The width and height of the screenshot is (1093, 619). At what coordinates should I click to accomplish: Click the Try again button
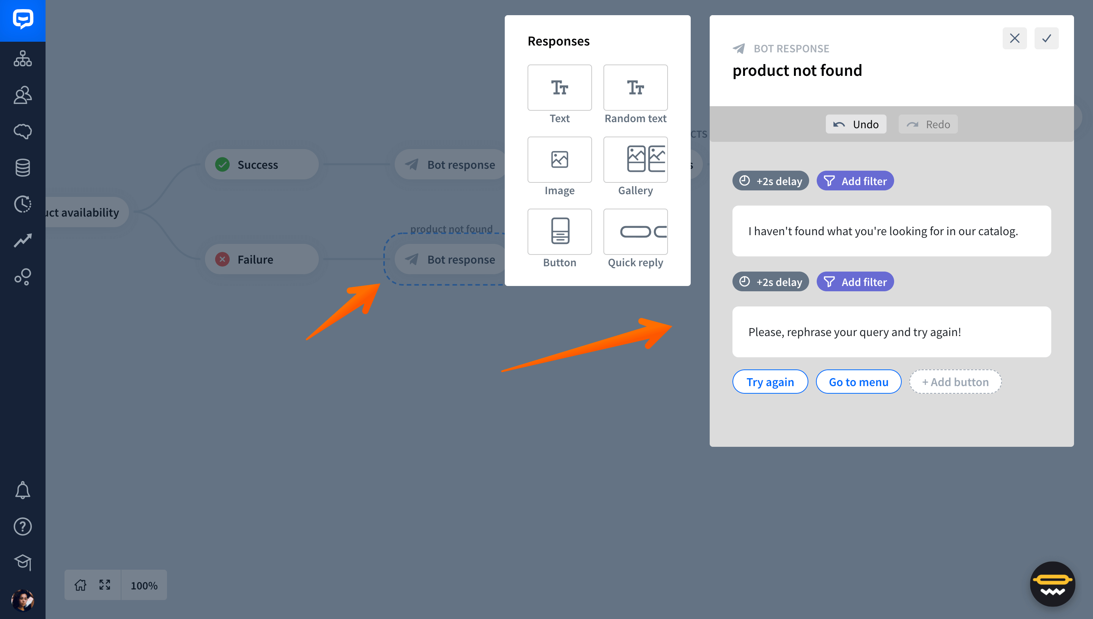coord(770,382)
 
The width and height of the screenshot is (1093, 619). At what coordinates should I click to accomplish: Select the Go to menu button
coord(858,382)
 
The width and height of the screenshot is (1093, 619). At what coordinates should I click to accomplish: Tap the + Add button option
coord(955,382)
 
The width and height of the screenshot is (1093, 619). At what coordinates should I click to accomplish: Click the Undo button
coord(856,124)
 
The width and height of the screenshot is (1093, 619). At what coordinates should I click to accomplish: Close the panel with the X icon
coord(1014,38)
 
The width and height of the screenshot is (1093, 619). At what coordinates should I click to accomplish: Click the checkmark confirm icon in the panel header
coord(1046,38)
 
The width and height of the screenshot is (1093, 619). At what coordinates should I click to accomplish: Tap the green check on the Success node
coord(222,165)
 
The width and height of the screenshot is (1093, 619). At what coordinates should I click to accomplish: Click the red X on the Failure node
coord(222,259)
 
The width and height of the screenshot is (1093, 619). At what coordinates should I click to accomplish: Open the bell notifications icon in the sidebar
coord(22,490)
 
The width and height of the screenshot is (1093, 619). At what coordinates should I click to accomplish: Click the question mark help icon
coord(22,527)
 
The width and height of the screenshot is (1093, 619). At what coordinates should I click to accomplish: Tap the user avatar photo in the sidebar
coord(22,600)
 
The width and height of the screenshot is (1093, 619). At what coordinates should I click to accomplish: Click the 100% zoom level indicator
coord(144,585)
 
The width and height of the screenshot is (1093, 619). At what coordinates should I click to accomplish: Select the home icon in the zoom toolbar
coord(80,585)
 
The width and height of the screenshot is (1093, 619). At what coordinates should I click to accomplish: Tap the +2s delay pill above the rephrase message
coord(770,282)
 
